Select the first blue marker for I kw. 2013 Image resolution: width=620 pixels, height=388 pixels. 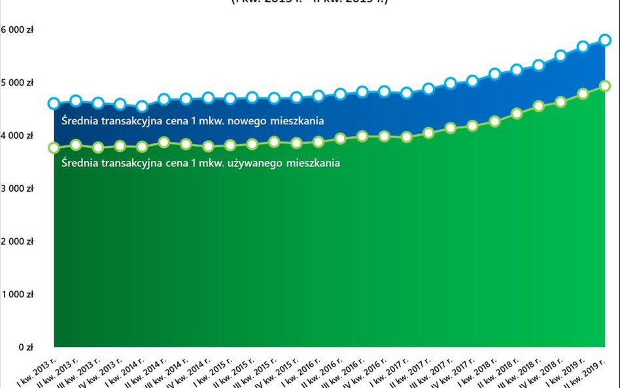click(54, 103)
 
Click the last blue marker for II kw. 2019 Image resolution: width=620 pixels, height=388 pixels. click(605, 40)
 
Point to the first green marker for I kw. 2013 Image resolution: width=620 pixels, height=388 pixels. click(54, 148)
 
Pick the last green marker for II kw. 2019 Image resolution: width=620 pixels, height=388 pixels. click(605, 85)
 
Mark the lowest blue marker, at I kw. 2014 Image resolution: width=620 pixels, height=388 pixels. click(142, 107)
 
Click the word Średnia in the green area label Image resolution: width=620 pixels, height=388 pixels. click(80, 164)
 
